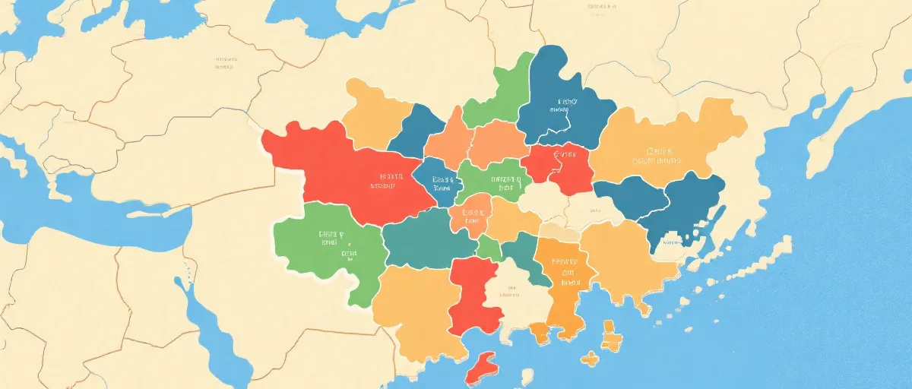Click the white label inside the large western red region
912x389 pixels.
pyautogui.click(x=384, y=179)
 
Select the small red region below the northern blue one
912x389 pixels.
pyautogui.click(x=562, y=167)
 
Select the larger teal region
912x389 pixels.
pyautogui.click(x=426, y=239)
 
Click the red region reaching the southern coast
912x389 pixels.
pyautogui.click(x=473, y=296)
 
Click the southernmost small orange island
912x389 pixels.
pyautogui.click(x=589, y=357)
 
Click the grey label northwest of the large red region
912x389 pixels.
pyautogui.click(x=224, y=62)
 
